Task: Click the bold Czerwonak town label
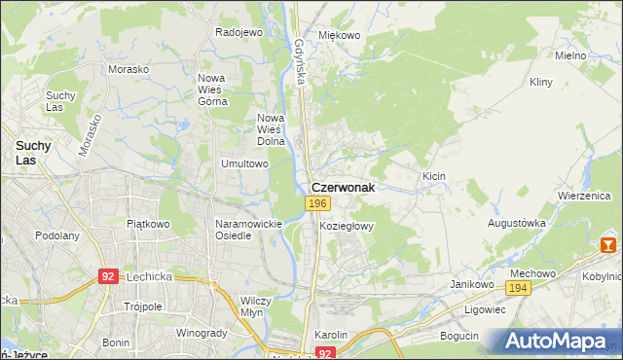[x=342, y=186]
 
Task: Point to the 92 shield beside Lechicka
[x=109, y=276]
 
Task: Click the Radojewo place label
[x=239, y=32]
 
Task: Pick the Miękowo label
[x=340, y=35]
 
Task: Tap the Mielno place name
[x=569, y=55]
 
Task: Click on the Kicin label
[x=433, y=176]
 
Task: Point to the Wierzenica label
[x=583, y=195]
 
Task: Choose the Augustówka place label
[x=517, y=223]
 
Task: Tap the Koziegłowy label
[x=347, y=225]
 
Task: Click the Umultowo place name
[x=244, y=163]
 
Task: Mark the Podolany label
[x=56, y=235]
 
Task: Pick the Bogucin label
[x=459, y=336]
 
